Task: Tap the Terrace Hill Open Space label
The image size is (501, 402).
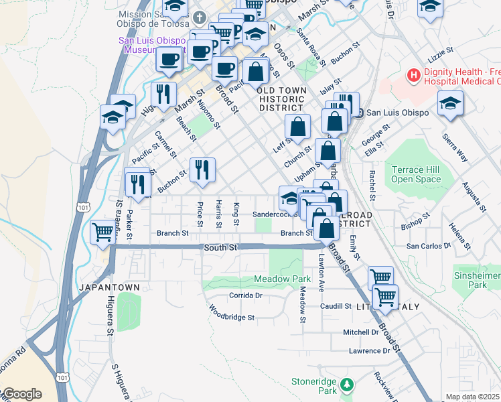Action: [x=416, y=175]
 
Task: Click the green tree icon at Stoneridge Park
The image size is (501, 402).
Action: [x=346, y=384]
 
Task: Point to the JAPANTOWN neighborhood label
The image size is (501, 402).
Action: [x=109, y=287]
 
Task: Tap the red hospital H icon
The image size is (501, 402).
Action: [x=414, y=75]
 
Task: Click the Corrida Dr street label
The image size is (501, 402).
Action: [x=244, y=295]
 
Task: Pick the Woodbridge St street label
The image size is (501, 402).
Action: [x=231, y=314]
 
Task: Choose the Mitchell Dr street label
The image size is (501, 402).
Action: [x=361, y=332]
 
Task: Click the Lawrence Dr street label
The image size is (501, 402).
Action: [x=369, y=350]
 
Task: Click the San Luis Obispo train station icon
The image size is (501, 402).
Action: [x=359, y=113]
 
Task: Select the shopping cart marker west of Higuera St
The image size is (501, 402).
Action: [x=102, y=232]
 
